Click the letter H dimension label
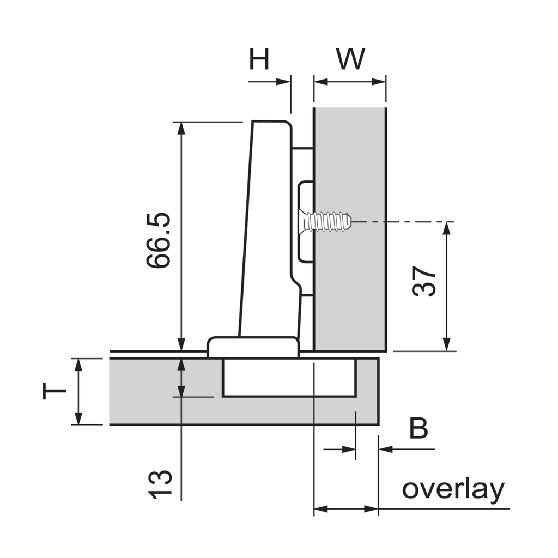click(259, 59)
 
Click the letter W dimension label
click(350, 59)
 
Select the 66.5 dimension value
click(159, 240)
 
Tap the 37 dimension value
click(424, 282)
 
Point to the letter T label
click(54, 391)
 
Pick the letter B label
click(418, 429)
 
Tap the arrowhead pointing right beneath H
click(283, 82)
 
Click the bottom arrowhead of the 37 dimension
click(447, 344)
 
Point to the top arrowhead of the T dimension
click(78, 365)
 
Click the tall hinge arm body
click(267, 229)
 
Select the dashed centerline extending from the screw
click(403, 222)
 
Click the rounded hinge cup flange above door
click(253, 347)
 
